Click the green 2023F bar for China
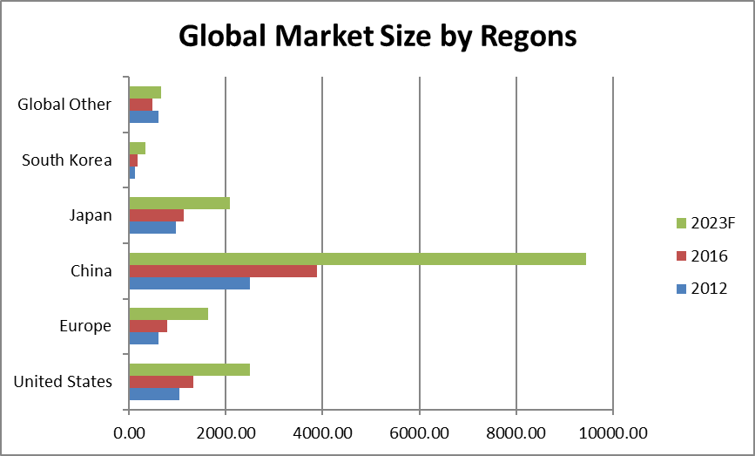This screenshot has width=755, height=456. tap(357, 259)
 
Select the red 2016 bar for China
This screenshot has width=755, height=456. tap(223, 271)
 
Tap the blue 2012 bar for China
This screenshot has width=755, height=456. tap(189, 282)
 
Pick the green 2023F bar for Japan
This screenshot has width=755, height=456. tap(179, 203)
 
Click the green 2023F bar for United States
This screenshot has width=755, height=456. tap(189, 370)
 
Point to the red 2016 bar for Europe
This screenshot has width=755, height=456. tap(148, 326)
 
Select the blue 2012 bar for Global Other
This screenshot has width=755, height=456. tap(144, 116)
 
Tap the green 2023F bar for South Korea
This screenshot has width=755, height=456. tap(137, 148)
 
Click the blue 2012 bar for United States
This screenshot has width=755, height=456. tap(154, 393)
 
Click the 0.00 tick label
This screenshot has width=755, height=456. tap(129, 432)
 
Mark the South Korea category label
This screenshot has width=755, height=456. tap(67, 160)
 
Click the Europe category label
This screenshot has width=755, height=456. tap(85, 326)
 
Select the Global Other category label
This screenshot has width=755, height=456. tap(64, 105)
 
